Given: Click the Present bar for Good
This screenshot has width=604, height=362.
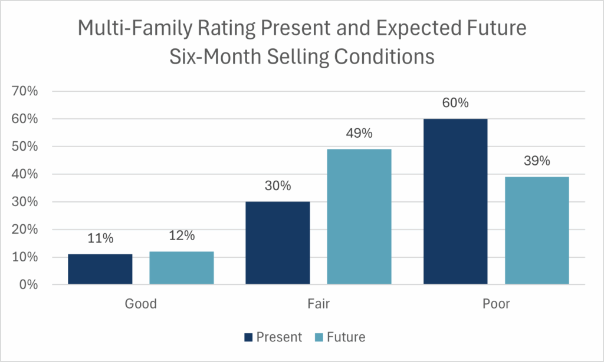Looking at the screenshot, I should tap(100, 270).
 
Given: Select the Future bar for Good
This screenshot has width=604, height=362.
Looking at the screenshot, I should tap(182, 268).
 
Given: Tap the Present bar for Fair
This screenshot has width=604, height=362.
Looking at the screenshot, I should tap(278, 243).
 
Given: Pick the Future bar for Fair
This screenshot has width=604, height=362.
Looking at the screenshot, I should tap(359, 217).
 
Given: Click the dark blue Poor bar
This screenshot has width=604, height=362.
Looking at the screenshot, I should tap(455, 201).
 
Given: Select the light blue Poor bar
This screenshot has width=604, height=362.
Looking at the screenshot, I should tap(537, 231).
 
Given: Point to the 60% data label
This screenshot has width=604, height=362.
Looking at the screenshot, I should tap(455, 103).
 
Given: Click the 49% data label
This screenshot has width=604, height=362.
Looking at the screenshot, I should tap(359, 134).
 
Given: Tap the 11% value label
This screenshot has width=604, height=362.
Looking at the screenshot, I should tap(100, 238).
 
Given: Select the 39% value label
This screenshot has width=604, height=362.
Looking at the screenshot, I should tap(537, 161).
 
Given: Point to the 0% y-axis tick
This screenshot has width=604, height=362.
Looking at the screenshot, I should tap(29, 285).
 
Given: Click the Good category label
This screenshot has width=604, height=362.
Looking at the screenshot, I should tap(141, 304).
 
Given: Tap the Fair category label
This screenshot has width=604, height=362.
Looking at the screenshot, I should tap(319, 304).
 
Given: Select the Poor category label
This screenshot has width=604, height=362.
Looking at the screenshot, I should tap(495, 304).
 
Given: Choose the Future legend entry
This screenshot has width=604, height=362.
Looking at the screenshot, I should tap(340, 337).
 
